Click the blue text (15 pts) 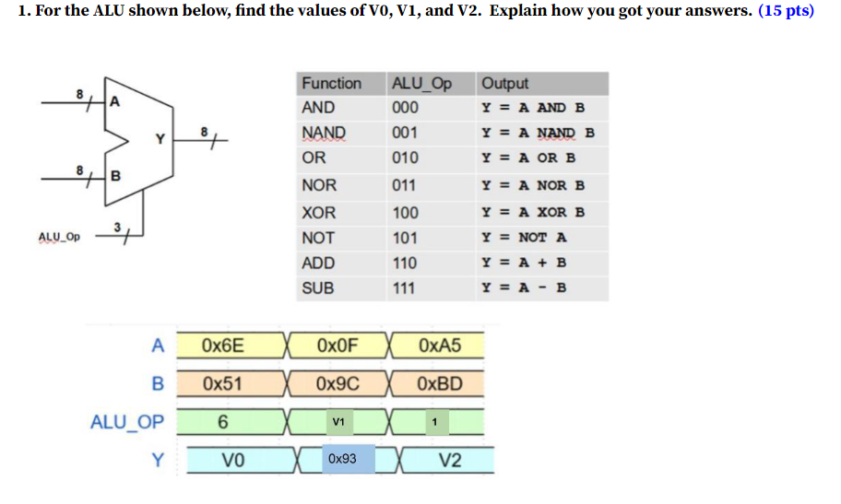pos(786,15)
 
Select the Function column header pos(331,83)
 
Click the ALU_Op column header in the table pos(421,83)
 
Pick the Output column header pos(504,83)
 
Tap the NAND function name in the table pos(324,133)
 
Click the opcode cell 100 pos(405,213)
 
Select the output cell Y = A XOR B pos(533,212)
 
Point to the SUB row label pos(318,288)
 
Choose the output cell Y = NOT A pos(525,238)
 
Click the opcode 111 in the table pos(404,288)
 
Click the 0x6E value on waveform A pos(223,346)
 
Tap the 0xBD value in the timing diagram pos(439,383)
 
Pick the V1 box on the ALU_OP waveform pos(338,422)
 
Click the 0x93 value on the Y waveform pos(341,458)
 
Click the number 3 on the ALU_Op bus pos(116,226)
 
